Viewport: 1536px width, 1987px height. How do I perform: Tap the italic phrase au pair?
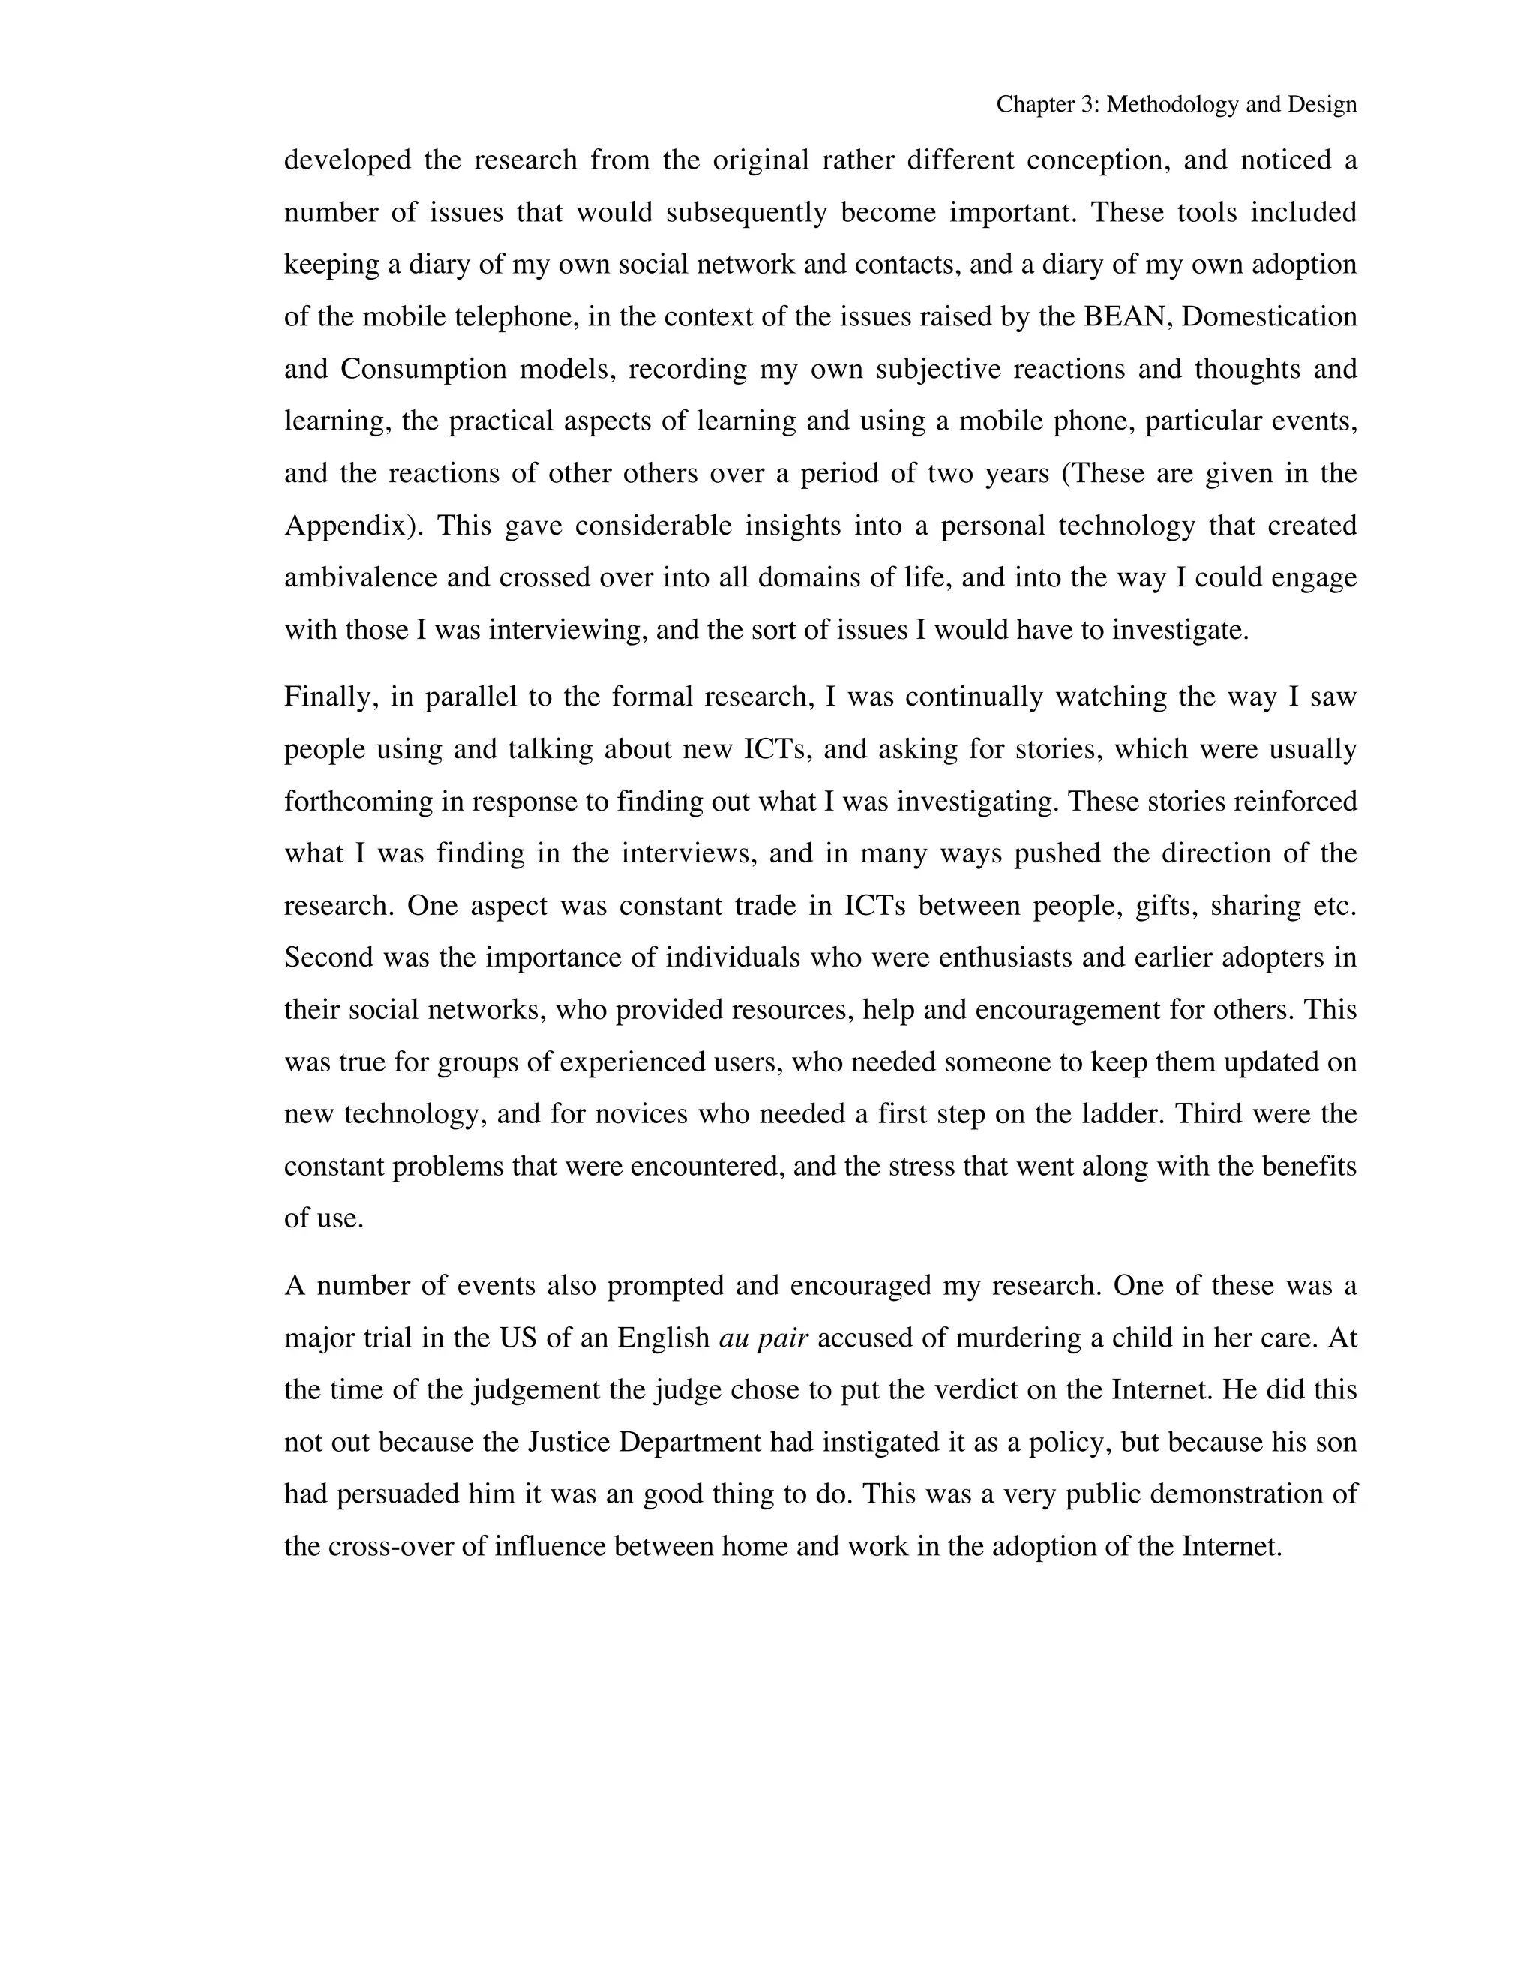point(763,1338)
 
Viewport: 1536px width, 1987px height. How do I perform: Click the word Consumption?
point(423,370)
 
